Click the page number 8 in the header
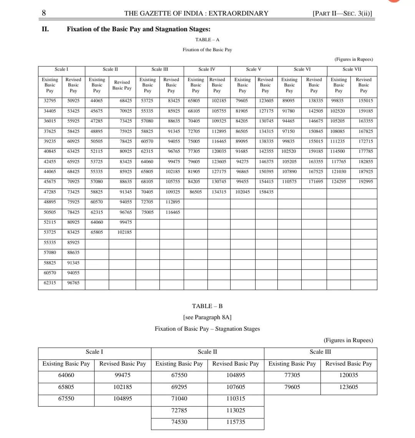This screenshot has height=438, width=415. (44, 13)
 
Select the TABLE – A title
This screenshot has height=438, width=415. (207, 40)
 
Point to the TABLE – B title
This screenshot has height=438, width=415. (207, 306)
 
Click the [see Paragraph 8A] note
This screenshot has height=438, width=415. (207, 317)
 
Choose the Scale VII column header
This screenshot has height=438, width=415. (352, 69)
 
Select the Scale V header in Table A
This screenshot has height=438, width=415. (254, 69)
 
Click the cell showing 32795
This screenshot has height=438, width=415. (50, 101)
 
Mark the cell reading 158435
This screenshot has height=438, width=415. (266, 192)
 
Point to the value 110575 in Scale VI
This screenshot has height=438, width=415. (289, 182)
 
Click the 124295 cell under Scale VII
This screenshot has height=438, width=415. (339, 182)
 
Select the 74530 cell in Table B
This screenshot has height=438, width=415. (179, 422)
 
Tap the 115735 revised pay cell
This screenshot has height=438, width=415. (236, 422)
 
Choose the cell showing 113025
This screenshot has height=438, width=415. (236, 410)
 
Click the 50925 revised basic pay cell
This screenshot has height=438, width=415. (73, 101)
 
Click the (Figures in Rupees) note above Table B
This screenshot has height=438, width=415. (348, 340)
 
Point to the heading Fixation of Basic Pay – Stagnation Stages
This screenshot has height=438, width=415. (207, 329)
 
